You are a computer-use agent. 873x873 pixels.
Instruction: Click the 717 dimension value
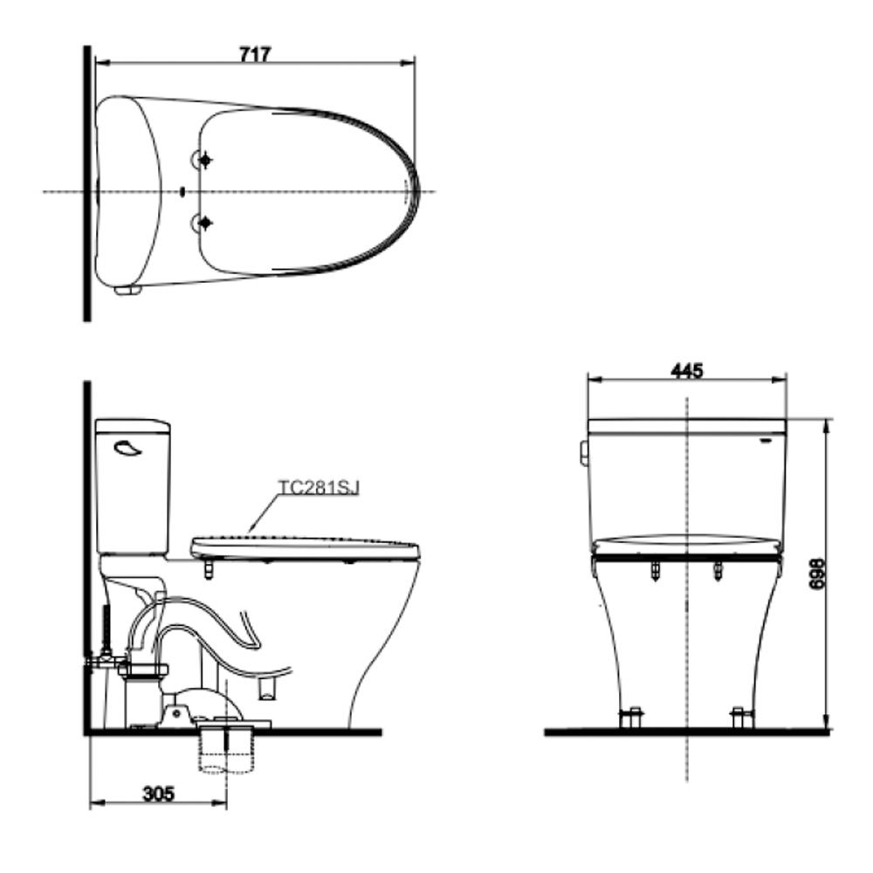(255, 54)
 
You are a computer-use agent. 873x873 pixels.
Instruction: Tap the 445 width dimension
(687, 370)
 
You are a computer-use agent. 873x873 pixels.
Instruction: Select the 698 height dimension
(817, 574)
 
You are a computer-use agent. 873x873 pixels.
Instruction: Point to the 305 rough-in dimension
(159, 794)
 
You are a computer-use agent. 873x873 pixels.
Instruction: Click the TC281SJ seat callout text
(319, 488)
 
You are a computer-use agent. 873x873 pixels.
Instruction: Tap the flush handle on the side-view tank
(127, 447)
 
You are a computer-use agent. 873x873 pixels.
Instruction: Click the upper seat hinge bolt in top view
(205, 161)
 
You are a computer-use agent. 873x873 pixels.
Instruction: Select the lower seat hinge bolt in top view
(205, 223)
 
